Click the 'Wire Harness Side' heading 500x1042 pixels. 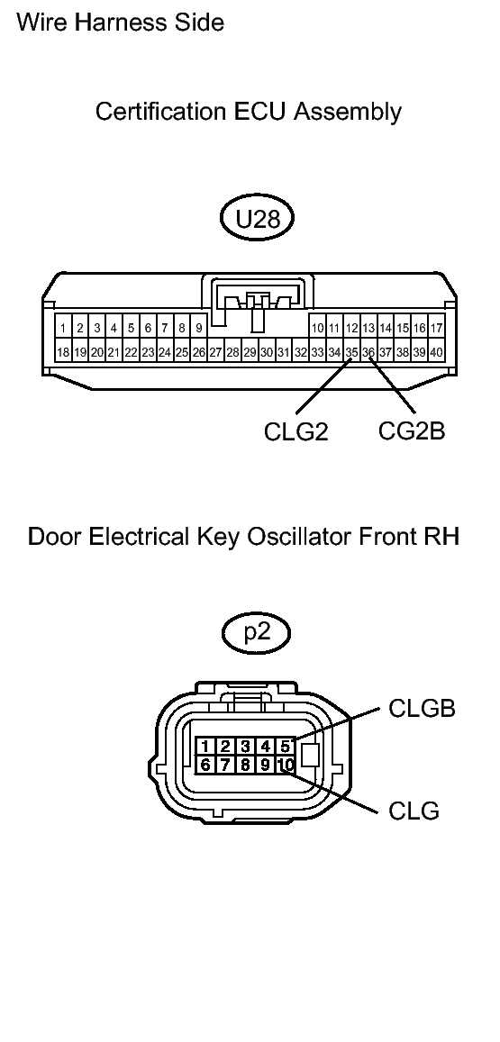[x=121, y=23]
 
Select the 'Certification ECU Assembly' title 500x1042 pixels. [x=249, y=112]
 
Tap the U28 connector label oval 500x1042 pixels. [x=259, y=220]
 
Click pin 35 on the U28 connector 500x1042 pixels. [x=351, y=352]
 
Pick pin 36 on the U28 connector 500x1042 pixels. [x=368, y=352]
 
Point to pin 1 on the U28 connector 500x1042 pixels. [x=63, y=328]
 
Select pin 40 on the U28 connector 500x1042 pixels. [x=436, y=352]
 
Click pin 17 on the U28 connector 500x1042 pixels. [x=436, y=328]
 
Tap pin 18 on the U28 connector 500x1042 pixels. [x=63, y=352]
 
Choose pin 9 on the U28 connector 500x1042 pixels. [x=198, y=328]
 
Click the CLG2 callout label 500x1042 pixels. [x=295, y=432]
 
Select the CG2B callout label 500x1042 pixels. [x=412, y=431]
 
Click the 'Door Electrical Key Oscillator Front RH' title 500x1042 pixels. [x=244, y=538]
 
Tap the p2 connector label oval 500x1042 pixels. [x=258, y=631]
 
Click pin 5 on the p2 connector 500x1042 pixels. [x=285, y=746]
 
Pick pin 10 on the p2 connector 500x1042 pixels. [x=285, y=766]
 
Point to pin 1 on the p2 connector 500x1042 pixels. [x=206, y=746]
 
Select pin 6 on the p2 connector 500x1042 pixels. [x=206, y=766]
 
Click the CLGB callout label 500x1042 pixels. [x=422, y=709]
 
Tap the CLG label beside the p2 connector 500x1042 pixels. [x=414, y=811]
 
